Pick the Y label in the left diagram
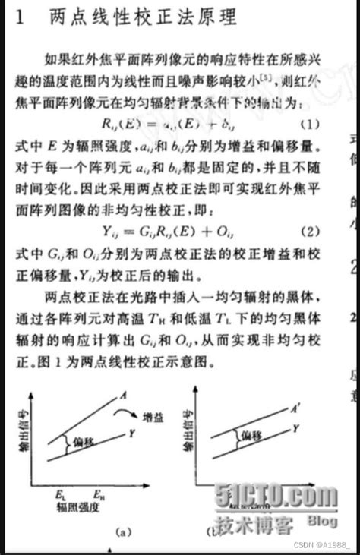[x=133, y=434]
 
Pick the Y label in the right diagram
[x=294, y=429]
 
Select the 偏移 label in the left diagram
[x=86, y=440]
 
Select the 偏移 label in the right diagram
[x=251, y=436]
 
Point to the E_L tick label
[x=59, y=494]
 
